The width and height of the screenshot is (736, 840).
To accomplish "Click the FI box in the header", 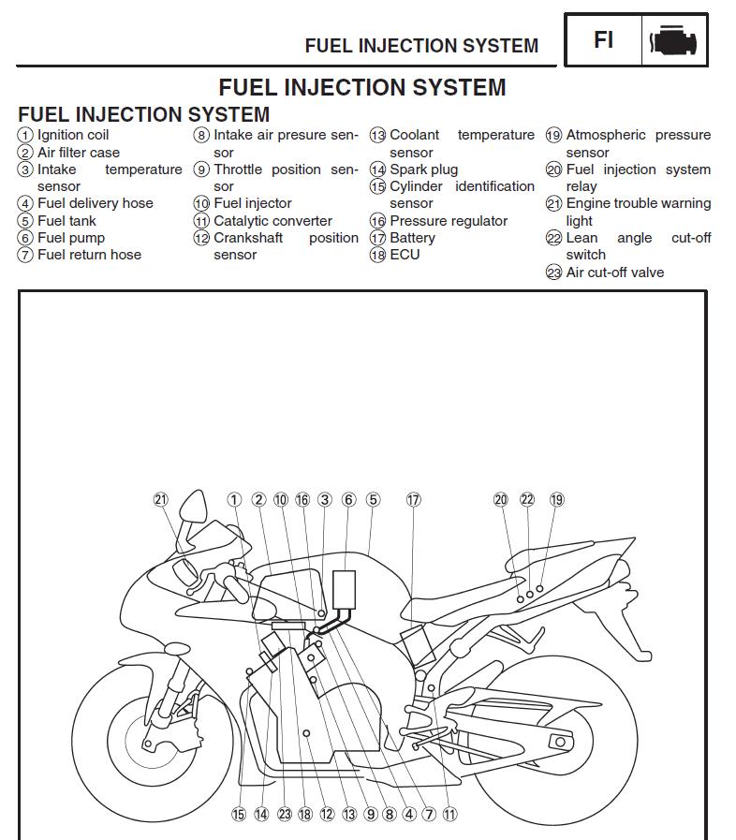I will click(603, 40).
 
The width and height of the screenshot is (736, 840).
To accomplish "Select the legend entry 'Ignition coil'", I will click(73, 135).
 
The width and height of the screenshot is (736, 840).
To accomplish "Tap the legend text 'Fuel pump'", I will click(71, 238).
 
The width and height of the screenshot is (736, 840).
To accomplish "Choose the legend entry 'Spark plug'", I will click(423, 169).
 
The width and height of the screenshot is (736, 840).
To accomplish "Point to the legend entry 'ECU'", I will click(405, 255).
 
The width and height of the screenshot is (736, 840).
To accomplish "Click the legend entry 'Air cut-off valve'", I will click(614, 273).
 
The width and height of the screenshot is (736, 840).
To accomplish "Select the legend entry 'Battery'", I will click(412, 238).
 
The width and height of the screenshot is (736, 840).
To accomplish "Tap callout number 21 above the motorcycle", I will click(161, 500).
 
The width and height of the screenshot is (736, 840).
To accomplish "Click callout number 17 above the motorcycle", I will click(413, 500).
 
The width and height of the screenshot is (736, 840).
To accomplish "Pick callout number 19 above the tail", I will click(557, 500).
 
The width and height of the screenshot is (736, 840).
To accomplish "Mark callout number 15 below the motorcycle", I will click(239, 815).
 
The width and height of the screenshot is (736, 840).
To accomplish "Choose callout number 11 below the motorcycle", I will click(450, 815).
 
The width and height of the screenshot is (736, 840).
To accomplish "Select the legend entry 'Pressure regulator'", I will click(449, 221).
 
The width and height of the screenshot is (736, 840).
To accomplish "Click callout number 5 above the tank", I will click(373, 500).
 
